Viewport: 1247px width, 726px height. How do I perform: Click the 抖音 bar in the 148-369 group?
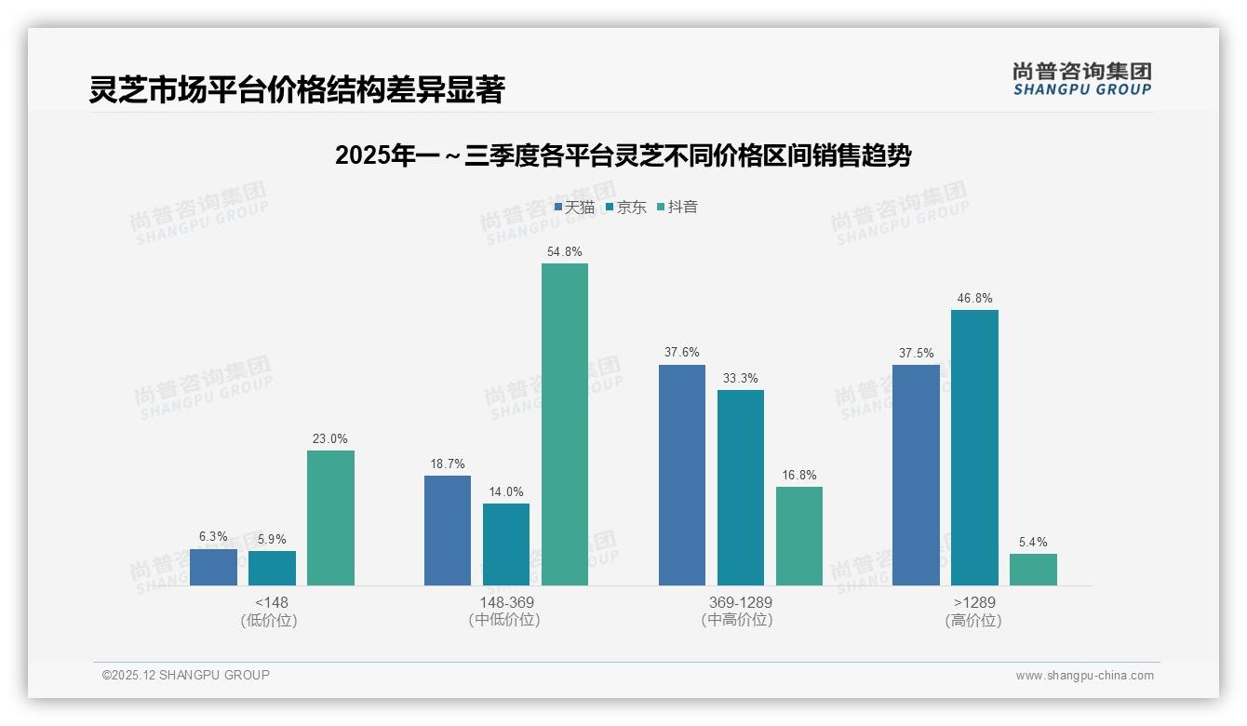click(565, 424)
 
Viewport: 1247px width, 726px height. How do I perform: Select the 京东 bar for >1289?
click(974, 448)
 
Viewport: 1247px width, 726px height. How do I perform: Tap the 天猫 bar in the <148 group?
click(213, 567)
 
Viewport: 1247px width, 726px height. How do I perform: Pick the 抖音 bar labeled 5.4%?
click(1033, 570)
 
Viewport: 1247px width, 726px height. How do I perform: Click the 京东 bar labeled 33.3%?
click(741, 488)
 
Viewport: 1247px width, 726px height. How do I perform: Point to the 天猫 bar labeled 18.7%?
click(448, 531)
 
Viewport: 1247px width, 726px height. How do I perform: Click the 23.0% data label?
click(330, 439)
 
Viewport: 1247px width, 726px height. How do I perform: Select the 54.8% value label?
click(565, 252)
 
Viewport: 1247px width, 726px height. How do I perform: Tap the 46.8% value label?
click(974, 299)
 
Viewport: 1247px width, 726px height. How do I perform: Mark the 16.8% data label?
click(799, 476)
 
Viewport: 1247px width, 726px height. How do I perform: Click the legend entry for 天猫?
click(574, 208)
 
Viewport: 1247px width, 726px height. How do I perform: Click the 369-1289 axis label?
click(740, 602)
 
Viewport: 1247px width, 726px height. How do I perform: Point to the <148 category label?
click(271, 602)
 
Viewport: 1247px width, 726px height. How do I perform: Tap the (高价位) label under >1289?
click(973, 621)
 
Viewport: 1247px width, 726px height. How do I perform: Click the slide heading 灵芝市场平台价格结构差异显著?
click(297, 90)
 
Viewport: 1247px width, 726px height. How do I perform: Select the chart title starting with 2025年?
click(623, 155)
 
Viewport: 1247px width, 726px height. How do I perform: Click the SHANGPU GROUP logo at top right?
click(1081, 79)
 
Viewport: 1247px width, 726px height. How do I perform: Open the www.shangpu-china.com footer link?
click(1084, 676)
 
